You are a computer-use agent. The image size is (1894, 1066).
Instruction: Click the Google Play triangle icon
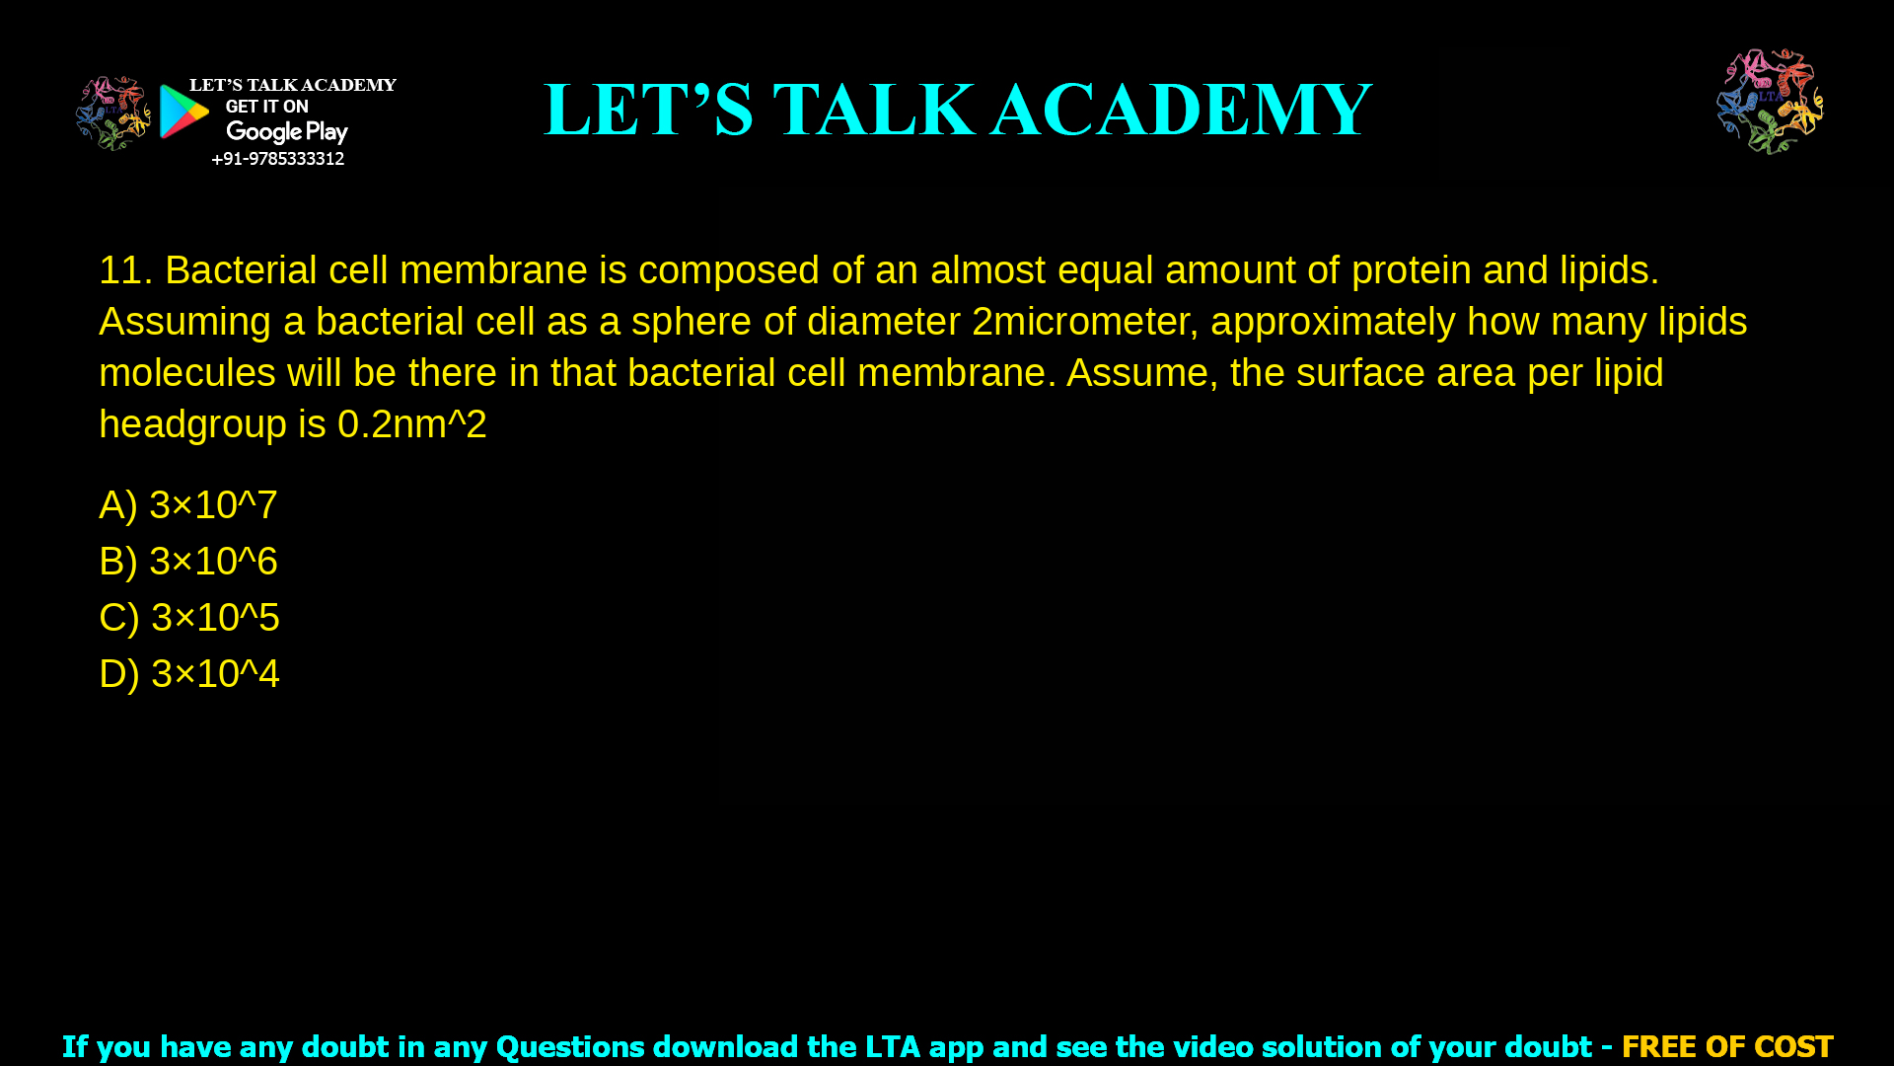[x=183, y=112]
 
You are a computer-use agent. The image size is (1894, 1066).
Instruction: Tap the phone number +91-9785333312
[x=277, y=159]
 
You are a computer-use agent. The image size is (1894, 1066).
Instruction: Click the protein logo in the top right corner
[x=1770, y=101]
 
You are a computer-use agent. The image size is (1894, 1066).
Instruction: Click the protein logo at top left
[x=112, y=114]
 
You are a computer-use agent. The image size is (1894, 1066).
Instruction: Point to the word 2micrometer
[x=1079, y=322]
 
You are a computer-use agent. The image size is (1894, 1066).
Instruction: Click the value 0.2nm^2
[x=411, y=424]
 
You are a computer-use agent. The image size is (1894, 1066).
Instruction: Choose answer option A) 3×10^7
[x=188, y=505]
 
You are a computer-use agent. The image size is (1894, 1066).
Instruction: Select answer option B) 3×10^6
[x=188, y=562]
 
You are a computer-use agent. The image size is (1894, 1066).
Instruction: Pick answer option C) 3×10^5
[x=189, y=618]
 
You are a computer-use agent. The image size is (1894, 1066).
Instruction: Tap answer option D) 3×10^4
[x=189, y=674]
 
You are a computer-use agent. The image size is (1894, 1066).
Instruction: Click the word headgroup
[x=192, y=424]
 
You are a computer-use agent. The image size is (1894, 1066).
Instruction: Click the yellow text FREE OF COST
[x=1726, y=1046]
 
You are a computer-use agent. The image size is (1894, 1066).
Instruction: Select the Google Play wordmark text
[x=286, y=132]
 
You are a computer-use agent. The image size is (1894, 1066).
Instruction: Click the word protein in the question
[x=1411, y=270]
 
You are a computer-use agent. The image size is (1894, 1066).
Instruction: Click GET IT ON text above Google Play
[x=266, y=107]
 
